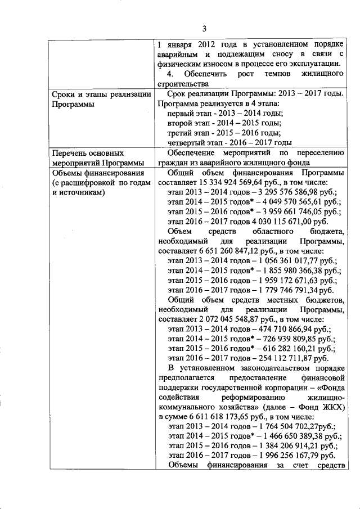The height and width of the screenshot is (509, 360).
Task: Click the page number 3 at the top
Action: point(204,29)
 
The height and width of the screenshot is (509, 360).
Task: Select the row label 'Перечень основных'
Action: point(84,153)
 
